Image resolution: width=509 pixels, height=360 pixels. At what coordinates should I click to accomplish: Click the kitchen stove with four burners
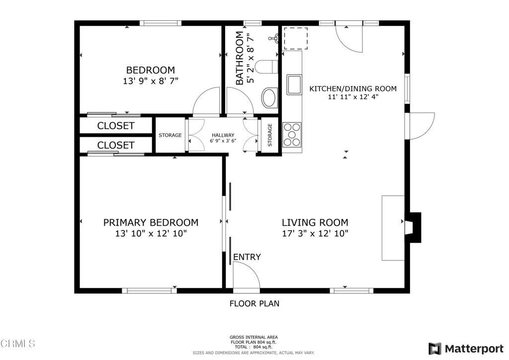tap(292, 134)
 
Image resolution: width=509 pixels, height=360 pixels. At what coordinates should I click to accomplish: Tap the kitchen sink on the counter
tap(294, 84)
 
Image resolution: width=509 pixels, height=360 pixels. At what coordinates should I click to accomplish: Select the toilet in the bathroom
tap(266, 66)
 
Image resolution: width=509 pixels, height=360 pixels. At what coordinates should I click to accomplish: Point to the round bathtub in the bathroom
tap(269, 98)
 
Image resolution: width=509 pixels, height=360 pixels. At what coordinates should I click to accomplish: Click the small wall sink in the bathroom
tap(274, 38)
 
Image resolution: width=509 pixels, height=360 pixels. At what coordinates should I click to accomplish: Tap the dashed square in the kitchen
tap(295, 38)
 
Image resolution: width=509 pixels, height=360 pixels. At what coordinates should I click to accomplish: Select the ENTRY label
tap(247, 257)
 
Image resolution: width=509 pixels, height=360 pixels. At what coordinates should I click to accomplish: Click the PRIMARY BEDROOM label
tap(151, 223)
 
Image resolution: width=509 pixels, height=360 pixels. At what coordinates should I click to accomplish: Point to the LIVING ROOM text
tap(315, 223)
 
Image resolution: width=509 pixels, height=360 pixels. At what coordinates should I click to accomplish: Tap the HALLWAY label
tap(223, 135)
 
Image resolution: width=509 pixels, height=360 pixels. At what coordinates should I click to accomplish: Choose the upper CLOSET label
tap(115, 126)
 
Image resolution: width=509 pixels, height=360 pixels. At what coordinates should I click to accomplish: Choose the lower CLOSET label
tap(115, 145)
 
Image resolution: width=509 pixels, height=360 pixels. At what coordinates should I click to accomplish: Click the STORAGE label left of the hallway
tap(170, 135)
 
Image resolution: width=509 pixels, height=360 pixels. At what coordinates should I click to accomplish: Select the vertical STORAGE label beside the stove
tap(270, 135)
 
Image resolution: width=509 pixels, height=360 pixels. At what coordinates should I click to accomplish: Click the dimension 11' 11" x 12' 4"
tap(353, 97)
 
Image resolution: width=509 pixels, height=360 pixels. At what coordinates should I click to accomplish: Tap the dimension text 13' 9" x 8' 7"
tap(150, 81)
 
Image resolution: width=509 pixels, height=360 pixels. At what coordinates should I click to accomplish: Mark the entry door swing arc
tap(247, 274)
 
